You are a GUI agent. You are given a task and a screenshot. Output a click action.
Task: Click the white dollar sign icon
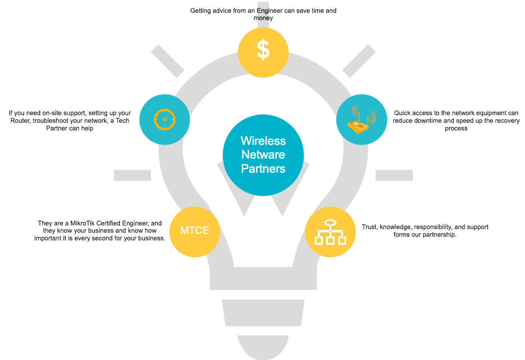pos(263,50)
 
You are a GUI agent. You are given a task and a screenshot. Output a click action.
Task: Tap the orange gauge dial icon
pos(165,119)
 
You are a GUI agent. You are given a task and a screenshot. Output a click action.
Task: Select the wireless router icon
pos(361,120)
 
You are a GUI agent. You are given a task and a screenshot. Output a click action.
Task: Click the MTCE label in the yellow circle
pos(194,231)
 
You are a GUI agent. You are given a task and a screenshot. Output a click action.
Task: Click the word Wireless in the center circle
pos(263,141)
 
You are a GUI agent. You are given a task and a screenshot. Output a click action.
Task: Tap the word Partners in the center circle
pos(263,168)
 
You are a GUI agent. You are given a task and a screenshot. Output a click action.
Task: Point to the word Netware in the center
pos(263,155)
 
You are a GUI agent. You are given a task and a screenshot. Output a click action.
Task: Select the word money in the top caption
pos(263,18)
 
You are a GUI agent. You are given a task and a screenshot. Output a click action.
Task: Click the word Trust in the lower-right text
pos(369,227)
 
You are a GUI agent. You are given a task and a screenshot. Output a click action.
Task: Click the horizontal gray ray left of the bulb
pos(132,175)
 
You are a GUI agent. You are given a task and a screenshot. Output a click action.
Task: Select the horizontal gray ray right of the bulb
pos(394,175)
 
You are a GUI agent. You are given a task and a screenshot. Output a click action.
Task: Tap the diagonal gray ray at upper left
pos(167,61)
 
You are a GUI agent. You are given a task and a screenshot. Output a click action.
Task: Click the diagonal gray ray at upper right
pos(359,61)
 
